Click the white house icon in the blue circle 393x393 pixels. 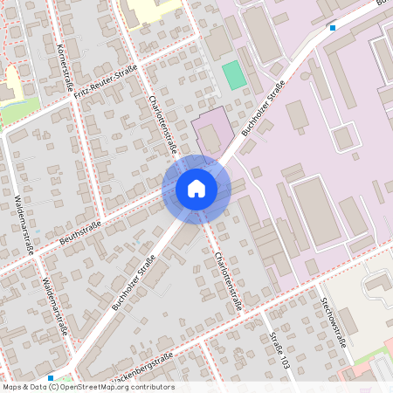(x=196, y=189)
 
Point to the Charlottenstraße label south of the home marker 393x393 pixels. (x=228, y=281)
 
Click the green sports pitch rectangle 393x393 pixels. (x=234, y=74)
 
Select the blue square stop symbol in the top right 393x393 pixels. (x=333, y=27)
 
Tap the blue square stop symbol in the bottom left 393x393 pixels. (x=51, y=377)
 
